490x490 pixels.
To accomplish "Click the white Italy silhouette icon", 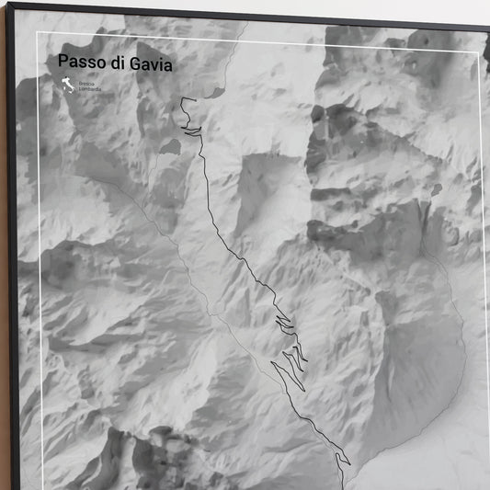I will [67, 88].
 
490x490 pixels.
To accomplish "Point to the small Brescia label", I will [85, 85].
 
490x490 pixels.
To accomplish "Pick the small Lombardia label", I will [89, 90].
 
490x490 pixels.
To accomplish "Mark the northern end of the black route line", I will [182, 99].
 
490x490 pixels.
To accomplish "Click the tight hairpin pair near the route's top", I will [192, 132].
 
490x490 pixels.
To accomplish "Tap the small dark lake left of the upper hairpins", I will [170, 146].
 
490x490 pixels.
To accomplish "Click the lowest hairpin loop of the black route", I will [341, 458].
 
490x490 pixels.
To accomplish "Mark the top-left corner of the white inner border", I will [38, 33].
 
